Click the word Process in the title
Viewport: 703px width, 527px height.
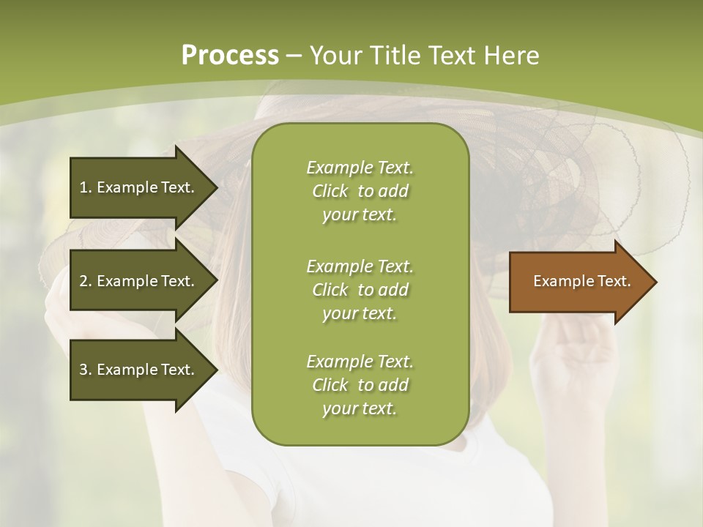click(x=230, y=56)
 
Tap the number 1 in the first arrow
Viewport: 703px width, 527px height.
click(x=83, y=187)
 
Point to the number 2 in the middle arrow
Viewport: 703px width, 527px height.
click(x=83, y=281)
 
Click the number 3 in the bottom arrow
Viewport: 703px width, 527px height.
click(x=83, y=370)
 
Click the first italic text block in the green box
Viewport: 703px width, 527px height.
click(x=360, y=191)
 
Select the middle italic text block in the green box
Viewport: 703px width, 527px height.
click(x=360, y=289)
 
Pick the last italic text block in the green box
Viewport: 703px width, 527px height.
click(x=360, y=385)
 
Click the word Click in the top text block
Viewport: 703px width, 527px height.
click(x=330, y=191)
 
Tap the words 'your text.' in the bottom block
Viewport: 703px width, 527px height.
click(x=360, y=408)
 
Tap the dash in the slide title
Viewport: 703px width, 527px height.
click(x=294, y=56)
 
